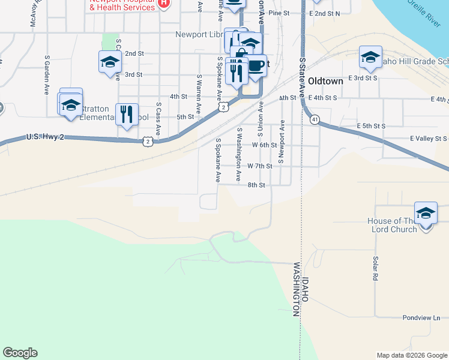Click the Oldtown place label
(325, 81)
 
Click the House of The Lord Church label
(393, 226)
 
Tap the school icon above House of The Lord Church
(426, 214)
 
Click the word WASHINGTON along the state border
(296, 289)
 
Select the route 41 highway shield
(315, 120)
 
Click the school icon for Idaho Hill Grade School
(370, 58)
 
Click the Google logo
(20, 353)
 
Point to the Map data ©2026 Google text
(411, 355)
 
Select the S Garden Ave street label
(46, 76)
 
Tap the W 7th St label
(260, 166)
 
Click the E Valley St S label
(429, 139)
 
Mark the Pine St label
(279, 13)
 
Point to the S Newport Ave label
(280, 146)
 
